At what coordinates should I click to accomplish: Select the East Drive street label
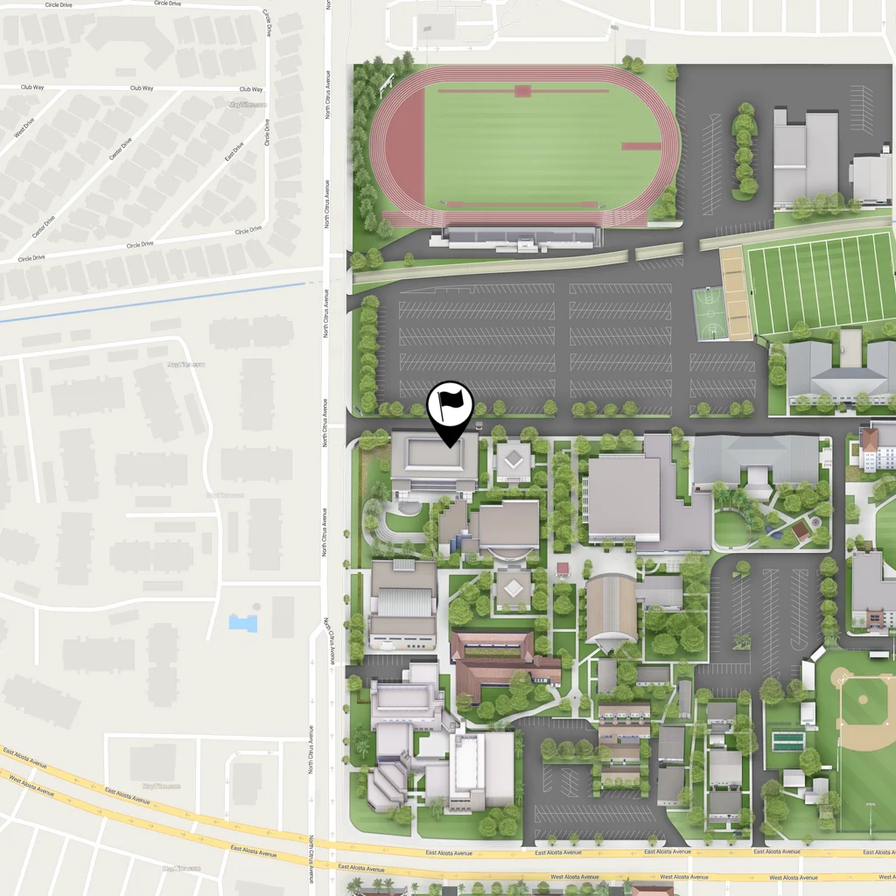233,151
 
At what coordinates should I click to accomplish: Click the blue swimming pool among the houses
243,623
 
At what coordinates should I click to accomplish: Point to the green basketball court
708,313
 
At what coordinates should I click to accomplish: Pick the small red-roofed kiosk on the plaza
563,570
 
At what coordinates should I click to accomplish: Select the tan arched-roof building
611,609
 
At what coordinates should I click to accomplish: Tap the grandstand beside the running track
523,236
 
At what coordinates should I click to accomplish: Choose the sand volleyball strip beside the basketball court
735,294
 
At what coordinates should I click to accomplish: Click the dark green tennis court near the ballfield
787,742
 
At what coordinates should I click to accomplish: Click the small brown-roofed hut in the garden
799,532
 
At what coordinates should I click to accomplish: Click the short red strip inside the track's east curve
640,145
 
